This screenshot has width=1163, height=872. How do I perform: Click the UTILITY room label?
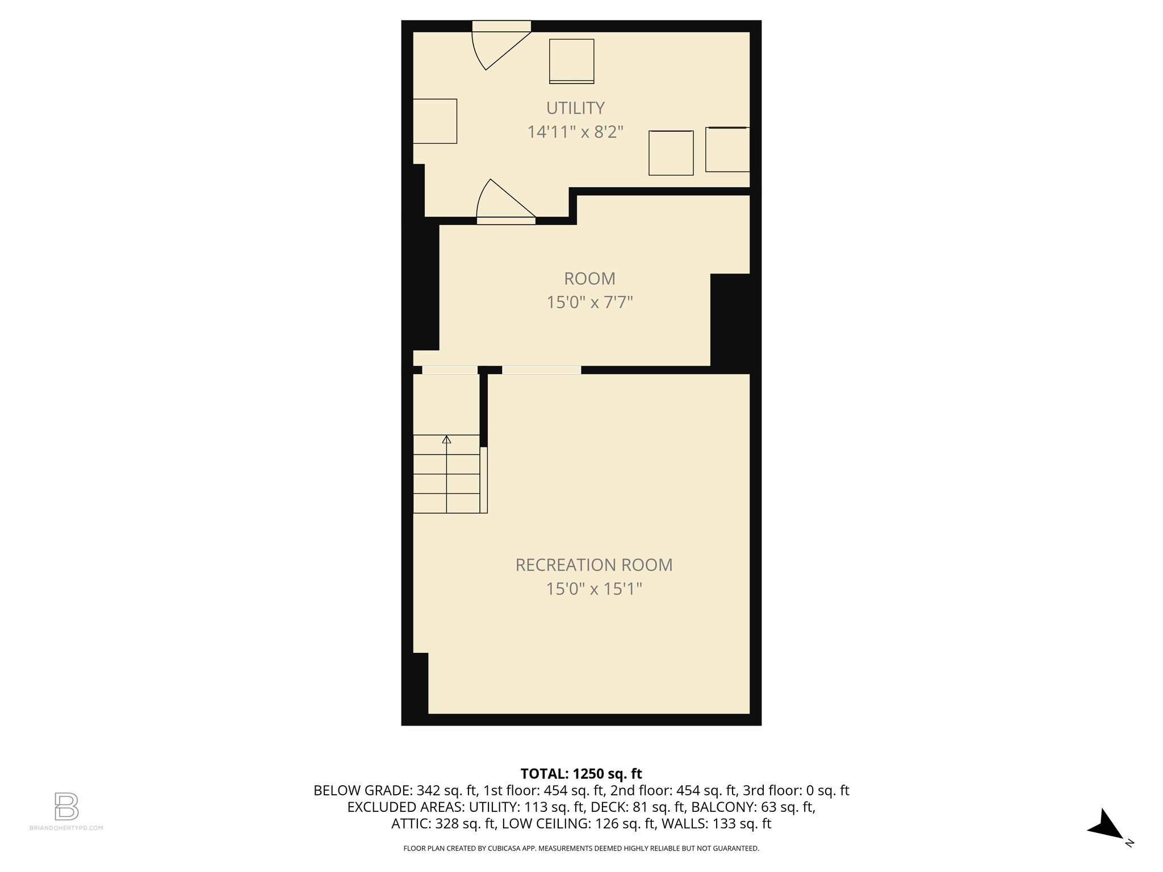click(575, 108)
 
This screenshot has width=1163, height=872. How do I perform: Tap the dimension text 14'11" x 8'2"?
click(575, 132)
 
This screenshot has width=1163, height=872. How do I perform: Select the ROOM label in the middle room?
click(589, 279)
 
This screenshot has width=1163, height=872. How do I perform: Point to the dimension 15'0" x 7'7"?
click(589, 302)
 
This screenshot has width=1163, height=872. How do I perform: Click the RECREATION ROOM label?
click(593, 565)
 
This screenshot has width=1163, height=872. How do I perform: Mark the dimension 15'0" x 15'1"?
click(593, 589)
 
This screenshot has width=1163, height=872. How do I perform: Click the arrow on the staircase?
click(446, 440)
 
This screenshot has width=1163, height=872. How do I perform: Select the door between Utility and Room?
click(503, 204)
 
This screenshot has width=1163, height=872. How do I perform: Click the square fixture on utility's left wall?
click(434, 121)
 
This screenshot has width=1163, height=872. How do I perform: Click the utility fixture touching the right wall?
click(727, 149)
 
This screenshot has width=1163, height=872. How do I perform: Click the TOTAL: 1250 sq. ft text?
click(581, 774)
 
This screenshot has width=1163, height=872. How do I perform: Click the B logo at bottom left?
click(66, 806)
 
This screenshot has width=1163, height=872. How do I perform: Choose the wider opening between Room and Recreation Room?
click(541, 370)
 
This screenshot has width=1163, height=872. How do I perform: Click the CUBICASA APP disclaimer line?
click(581, 849)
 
